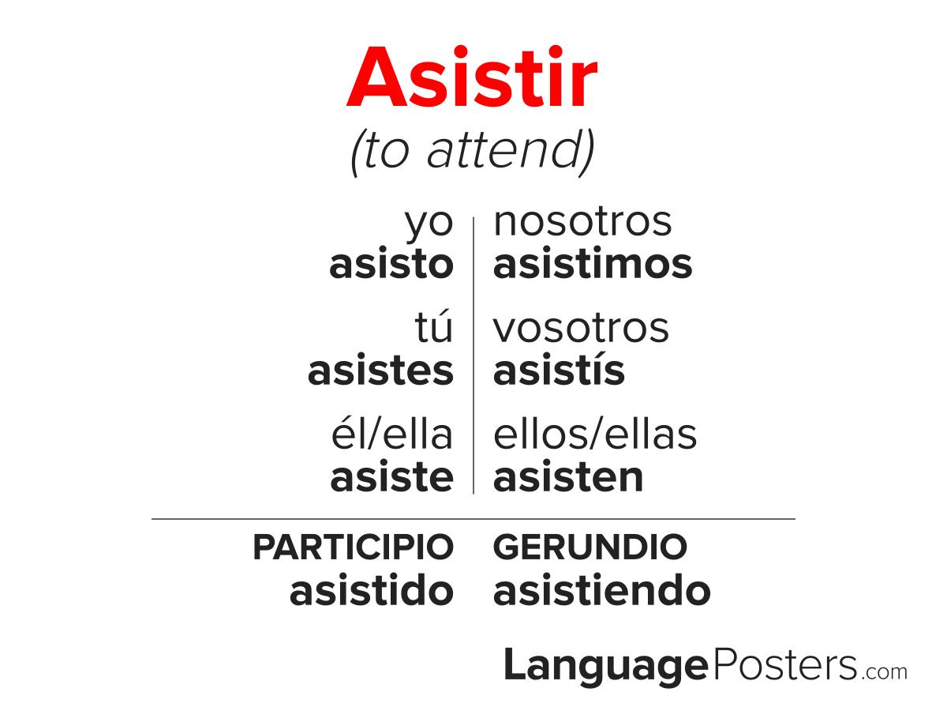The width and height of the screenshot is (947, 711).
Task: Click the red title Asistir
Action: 472,77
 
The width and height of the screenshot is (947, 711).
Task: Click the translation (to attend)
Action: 473,152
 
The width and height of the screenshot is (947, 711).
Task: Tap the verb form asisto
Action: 391,263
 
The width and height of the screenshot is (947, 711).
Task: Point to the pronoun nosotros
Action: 582,222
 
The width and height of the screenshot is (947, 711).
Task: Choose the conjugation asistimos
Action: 593,263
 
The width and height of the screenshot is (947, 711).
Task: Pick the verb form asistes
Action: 380,371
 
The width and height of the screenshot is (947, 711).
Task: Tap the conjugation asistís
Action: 559,370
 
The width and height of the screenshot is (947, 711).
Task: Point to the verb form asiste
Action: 391,478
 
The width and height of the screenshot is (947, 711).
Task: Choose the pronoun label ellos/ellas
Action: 595,434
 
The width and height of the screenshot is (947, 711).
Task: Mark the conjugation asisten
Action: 568,478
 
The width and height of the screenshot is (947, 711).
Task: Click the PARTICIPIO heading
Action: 354,547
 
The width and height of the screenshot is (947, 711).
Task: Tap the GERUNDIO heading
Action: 590,547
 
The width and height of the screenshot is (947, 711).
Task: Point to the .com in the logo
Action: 884,672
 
